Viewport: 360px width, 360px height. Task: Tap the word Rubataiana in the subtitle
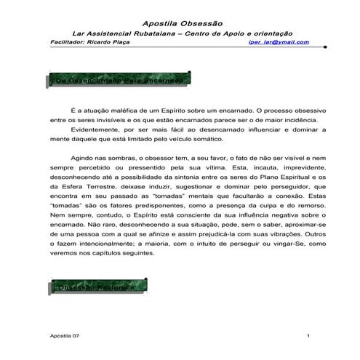coord(161,33)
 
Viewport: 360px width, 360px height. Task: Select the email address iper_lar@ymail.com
coord(279,42)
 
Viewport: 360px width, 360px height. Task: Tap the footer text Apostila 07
coord(62,335)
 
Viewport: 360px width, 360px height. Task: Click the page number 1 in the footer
coord(309,335)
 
